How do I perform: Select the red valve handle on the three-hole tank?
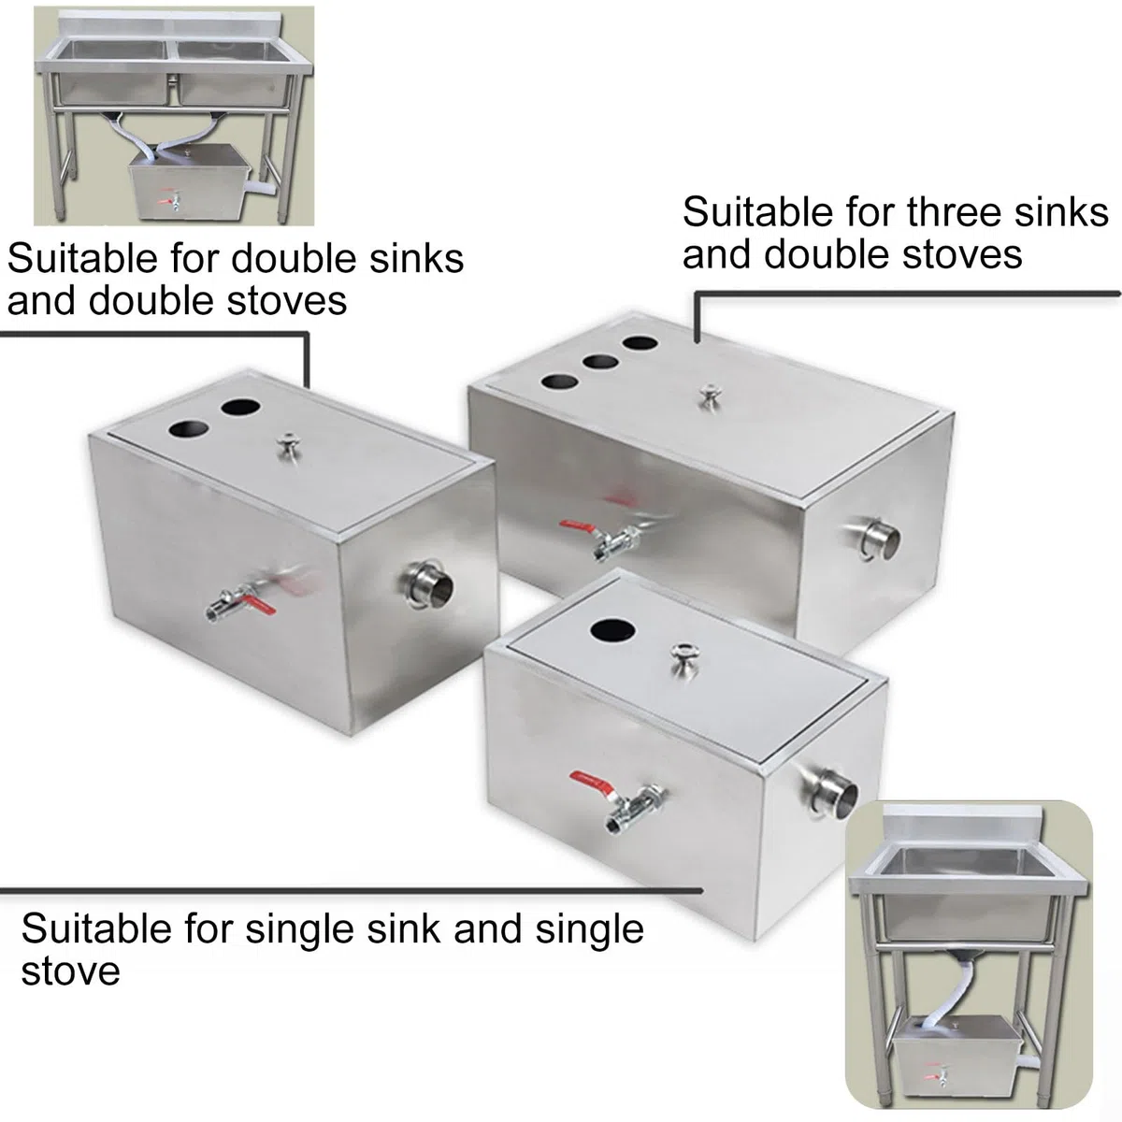tap(578, 527)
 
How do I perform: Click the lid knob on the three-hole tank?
tap(709, 395)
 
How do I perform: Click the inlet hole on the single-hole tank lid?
tap(611, 630)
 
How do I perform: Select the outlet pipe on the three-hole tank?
tap(879, 539)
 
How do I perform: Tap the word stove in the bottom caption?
tap(71, 971)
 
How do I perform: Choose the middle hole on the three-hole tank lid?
tap(600, 362)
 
